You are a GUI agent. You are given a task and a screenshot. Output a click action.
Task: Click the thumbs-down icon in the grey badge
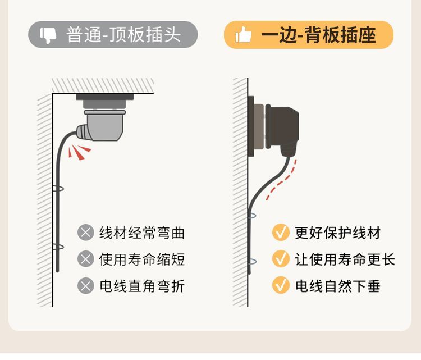coord(48,35)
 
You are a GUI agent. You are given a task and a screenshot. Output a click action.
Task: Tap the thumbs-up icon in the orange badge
coord(244,35)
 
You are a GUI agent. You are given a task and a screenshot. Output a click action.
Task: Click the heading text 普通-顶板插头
coord(123,35)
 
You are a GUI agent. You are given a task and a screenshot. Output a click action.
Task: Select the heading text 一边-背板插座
coord(318,35)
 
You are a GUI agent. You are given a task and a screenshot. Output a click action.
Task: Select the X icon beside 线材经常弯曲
coord(85,233)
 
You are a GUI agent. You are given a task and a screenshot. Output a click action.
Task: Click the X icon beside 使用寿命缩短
coord(85,259)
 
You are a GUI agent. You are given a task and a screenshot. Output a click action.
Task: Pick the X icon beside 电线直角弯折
coord(85,286)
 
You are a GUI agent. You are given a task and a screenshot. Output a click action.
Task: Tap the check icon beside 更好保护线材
coord(281,233)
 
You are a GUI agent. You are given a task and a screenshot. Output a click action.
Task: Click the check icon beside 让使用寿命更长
coord(281,259)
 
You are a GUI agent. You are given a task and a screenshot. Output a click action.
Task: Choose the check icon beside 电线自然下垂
coord(281,286)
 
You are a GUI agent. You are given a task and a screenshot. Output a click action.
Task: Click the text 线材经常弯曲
coord(141,233)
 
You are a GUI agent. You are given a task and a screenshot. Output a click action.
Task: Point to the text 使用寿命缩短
coord(141,259)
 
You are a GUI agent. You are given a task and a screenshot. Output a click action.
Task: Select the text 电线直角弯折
coord(141,286)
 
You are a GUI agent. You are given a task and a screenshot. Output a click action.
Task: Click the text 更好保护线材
coord(338,233)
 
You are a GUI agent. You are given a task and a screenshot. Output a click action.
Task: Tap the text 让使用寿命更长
coord(345,259)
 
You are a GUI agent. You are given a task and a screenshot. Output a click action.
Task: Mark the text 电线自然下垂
coord(338,286)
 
